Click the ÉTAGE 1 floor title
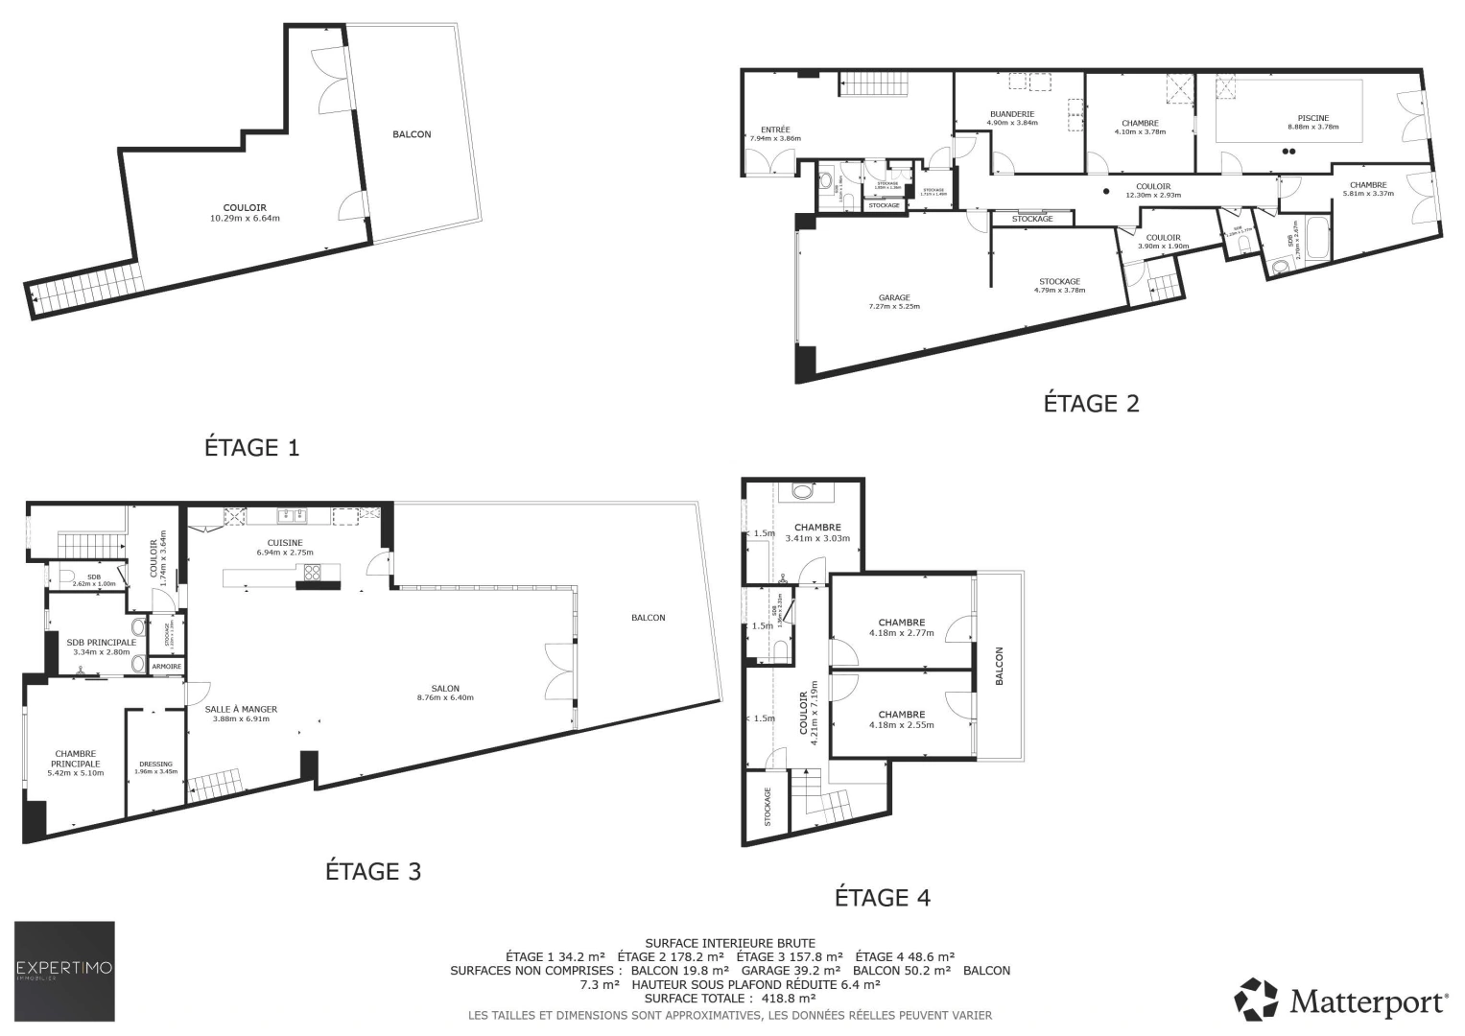coord(251,447)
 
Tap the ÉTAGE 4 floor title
coord(882,898)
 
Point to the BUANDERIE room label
coord(1011,114)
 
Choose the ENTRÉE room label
coord(775,129)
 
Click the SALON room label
coord(445,689)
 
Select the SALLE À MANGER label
coord(241,710)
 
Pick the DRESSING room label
coord(155,765)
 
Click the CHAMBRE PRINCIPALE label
coord(76,759)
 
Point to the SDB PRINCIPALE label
coord(101,643)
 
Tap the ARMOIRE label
coord(166,666)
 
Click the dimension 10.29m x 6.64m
coord(245,218)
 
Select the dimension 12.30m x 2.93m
coord(1152,195)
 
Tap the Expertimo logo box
coord(64,971)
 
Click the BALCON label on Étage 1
coord(412,134)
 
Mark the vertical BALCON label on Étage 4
coord(999,666)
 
